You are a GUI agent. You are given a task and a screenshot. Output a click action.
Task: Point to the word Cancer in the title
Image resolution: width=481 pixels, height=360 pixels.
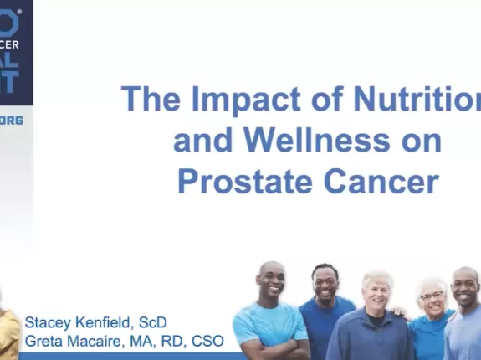tap(384, 181)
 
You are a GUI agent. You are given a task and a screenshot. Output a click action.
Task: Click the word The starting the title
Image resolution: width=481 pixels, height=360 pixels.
tap(148, 99)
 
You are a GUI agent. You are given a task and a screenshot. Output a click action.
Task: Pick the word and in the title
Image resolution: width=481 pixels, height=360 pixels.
tap(200, 140)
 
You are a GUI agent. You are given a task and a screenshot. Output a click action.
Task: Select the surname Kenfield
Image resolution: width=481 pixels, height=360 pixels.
tap(109, 322)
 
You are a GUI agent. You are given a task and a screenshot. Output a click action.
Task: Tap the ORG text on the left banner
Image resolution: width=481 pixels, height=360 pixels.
tap(12, 121)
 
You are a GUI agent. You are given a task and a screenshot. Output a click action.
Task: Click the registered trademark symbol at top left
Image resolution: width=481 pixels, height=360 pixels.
tap(16, 13)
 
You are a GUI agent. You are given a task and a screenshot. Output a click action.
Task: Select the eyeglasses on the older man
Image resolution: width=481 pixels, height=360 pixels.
tap(431, 296)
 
